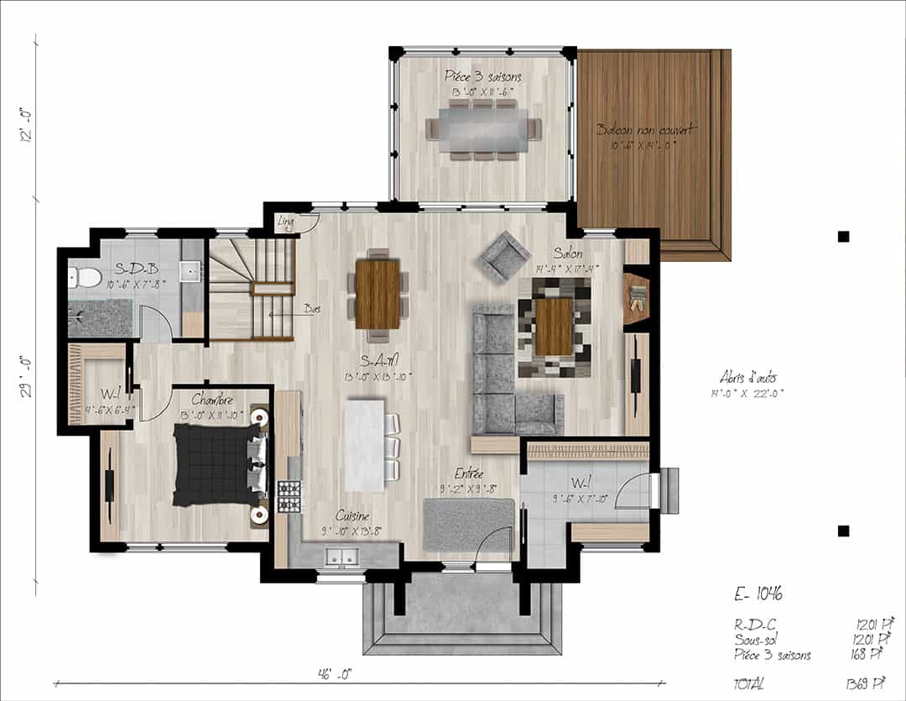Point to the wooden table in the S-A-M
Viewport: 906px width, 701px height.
click(377, 293)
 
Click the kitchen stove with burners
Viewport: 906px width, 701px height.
click(289, 496)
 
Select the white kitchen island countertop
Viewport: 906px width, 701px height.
click(365, 445)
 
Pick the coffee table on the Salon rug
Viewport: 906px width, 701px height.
click(554, 326)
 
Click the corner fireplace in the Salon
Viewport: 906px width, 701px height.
click(637, 297)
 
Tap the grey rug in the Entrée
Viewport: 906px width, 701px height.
click(468, 525)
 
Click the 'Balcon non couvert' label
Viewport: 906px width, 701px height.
click(646, 130)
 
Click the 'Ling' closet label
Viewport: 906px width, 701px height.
click(286, 222)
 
